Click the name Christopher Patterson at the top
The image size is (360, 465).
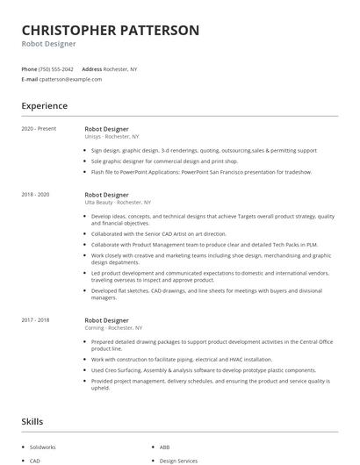coord(111,30)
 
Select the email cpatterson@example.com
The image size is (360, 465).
coord(70,79)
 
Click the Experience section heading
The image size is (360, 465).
coord(45,106)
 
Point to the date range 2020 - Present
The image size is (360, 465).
coord(40,129)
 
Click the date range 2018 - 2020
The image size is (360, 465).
coord(35,194)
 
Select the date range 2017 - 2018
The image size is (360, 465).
coord(35,320)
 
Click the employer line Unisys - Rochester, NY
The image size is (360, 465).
coord(112,137)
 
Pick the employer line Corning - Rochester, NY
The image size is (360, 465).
coord(113,328)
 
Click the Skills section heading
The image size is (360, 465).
coord(32,422)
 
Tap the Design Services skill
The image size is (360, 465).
coord(178,461)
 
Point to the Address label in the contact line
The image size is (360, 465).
coord(91,68)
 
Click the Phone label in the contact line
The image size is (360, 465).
coord(29,68)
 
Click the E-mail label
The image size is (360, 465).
coord(29,79)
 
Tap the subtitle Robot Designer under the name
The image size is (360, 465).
coord(49,43)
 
